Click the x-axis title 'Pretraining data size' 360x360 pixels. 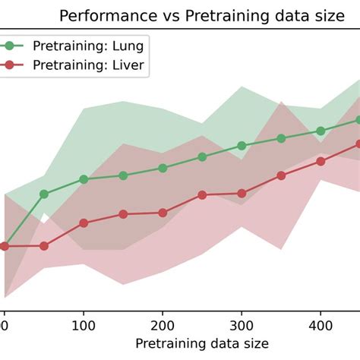(201, 343)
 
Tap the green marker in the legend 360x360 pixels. (9, 45)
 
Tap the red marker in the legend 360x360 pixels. (9, 65)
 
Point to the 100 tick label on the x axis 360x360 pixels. (84, 323)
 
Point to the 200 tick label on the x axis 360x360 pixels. (163, 323)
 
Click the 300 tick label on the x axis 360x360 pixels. (242, 323)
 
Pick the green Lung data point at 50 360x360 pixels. (44, 194)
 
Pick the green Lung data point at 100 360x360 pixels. (84, 179)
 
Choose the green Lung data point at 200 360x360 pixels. (163, 168)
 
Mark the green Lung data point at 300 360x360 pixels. (242, 145)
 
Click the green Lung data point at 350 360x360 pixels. (281, 138)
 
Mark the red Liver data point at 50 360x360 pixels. (44, 246)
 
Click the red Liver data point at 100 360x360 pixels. (84, 223)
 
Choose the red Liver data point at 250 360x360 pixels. (202, 195)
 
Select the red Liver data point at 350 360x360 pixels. (281, 175)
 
